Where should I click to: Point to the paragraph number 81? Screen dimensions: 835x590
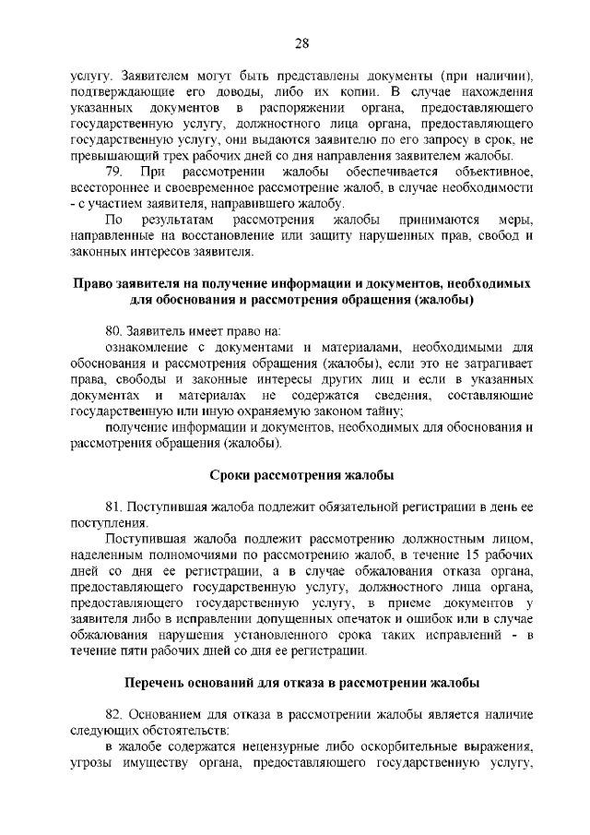pos(115,507)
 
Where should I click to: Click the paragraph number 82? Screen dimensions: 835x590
pos(116,714)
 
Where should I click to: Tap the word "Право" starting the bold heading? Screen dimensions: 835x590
pos(92,283)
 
